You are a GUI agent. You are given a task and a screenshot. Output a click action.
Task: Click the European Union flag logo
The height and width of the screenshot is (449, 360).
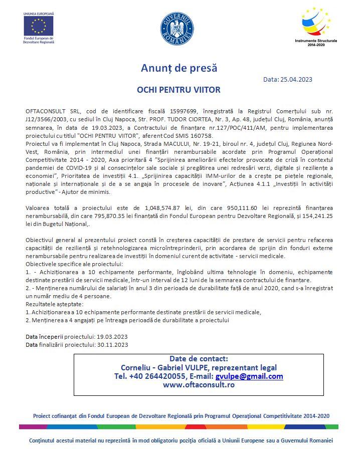[39, 26]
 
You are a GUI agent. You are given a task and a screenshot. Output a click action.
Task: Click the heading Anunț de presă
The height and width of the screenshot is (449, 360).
[179, 68]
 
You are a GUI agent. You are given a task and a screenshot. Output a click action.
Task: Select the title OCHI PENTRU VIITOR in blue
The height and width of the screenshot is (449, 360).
[179, 90]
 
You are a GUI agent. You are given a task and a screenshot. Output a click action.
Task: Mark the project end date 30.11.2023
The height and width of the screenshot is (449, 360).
[112, 344]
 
